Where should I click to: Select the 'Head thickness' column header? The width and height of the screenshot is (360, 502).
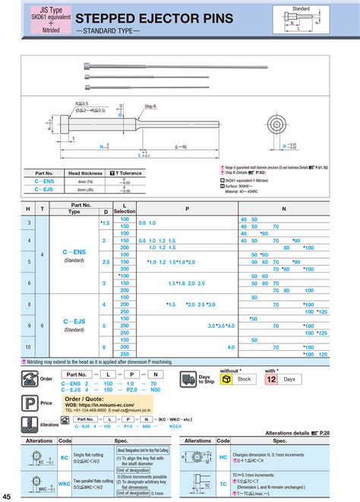[84, 173]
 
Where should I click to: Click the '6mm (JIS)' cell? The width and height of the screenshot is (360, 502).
[84, 189]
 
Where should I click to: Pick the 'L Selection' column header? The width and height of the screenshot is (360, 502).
[125, 209]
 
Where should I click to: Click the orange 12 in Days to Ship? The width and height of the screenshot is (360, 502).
[272, 378]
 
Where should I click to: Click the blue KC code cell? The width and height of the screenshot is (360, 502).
[65, 459]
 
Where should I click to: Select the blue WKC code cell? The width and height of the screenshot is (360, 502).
[65, 484]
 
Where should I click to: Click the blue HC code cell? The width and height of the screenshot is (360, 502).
[223, 459]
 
